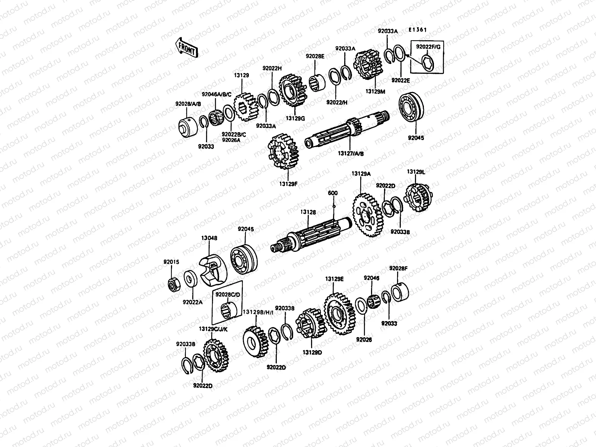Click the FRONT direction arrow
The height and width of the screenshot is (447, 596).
(187, 47)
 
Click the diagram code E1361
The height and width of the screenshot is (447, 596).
(417, 30)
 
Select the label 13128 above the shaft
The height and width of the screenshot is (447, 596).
(308, 212)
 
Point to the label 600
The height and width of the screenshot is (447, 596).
(333, 193)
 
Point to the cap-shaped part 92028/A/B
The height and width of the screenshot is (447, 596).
(188, 126)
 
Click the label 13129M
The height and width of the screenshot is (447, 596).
(374, 91)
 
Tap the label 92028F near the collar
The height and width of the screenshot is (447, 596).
(398, 268)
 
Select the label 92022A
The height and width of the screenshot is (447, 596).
(193, 302)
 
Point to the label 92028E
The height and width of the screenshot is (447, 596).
(315, 56)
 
